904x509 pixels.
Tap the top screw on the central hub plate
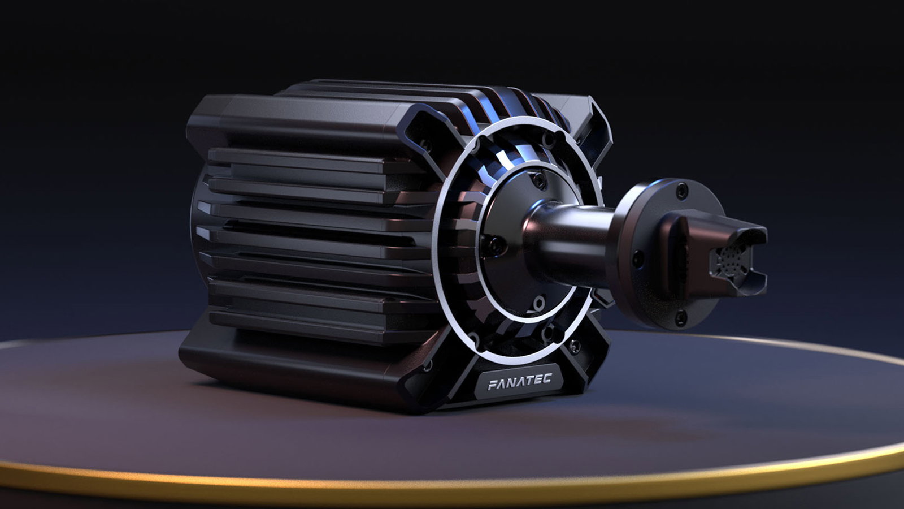click(540, 180)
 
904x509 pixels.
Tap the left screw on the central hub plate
click(496, 244)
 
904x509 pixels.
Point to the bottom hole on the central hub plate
click(538, 301)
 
